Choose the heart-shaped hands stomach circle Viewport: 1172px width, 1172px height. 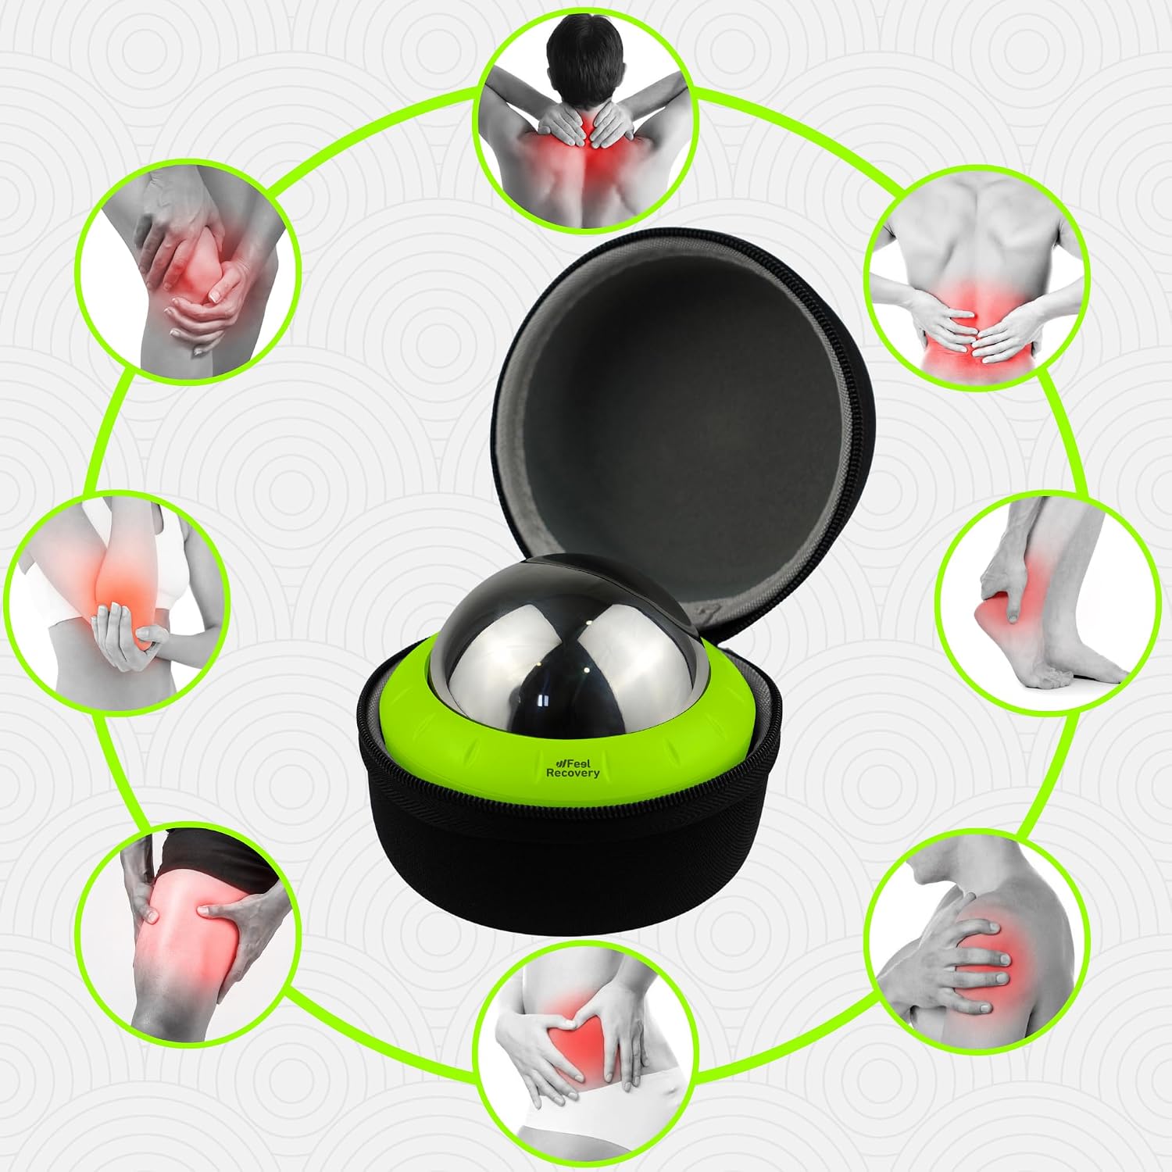(x=587, y=1059)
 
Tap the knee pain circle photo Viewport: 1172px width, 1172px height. (x=188, y=270)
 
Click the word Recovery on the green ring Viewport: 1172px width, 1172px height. (x=573, y=773)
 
